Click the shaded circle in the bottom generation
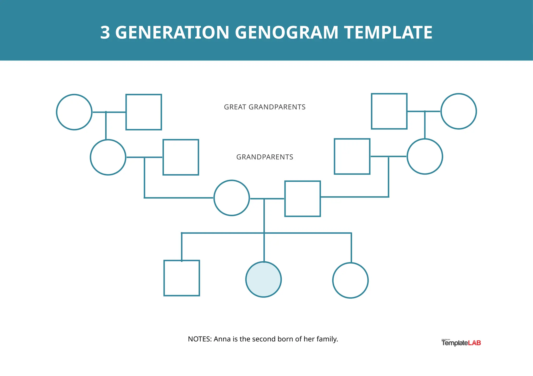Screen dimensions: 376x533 click(x=263, y=279)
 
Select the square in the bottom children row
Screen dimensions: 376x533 click(x=182, y=278)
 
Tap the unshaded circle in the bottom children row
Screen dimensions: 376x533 click(x=350, y=280)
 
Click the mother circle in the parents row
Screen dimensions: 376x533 click(x=231, y=198)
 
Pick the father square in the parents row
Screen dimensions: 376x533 click(x=302, y=199)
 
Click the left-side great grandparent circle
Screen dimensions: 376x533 click(x=74, y=112)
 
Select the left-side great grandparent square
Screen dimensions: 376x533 click(x=144, y=112)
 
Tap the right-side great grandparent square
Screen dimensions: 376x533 click(x=389, y=111)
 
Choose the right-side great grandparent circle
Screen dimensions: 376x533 click(x=459, y=111)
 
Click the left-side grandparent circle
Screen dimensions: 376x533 click(x=108, y=157)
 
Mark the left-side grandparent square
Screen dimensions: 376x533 click(x=181, y=157)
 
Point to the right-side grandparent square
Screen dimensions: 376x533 click(x=352, y=156)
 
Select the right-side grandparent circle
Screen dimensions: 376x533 click(x=425, y=156)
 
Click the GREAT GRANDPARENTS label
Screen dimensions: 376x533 click(x=265, y=107)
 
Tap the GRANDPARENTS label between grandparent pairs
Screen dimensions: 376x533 click(x=265, y=157)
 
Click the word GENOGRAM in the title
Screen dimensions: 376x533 click(x=286, y=32)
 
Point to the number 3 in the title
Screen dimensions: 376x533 click(x=105, y=32)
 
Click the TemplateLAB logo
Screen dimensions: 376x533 click(x=461, y=343)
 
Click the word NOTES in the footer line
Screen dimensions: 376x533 click(x=199, y=339)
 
